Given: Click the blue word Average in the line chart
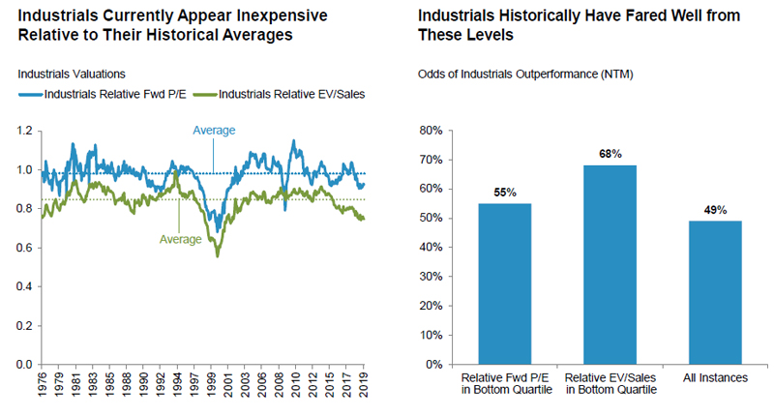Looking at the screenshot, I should point(214,131).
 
